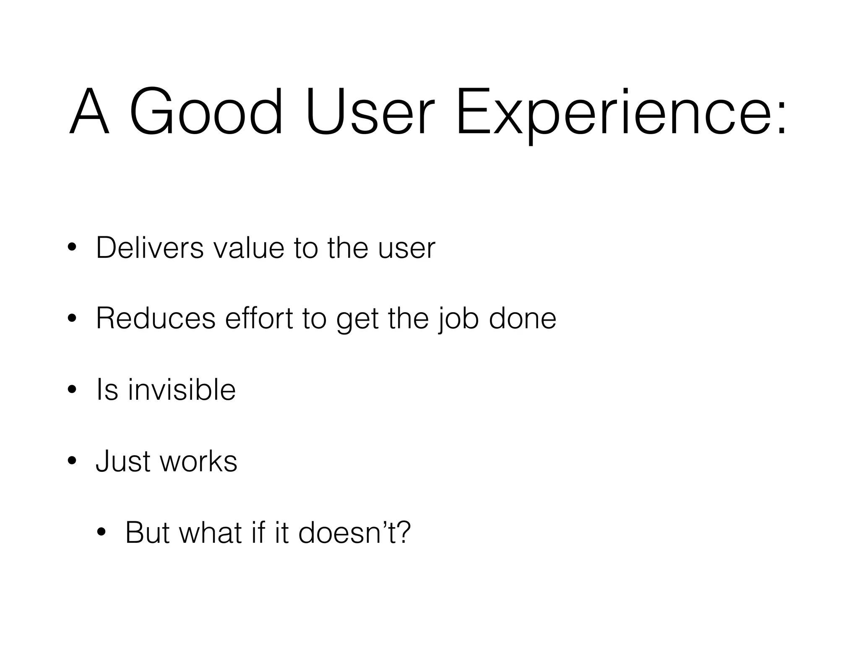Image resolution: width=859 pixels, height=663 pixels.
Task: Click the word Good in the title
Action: [x=206, y=112]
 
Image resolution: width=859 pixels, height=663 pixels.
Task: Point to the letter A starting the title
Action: [x=89, y=112]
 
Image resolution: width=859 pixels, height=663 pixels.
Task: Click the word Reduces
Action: [x=156, y=319]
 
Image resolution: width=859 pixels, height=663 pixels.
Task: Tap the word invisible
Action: [x=182, y=389]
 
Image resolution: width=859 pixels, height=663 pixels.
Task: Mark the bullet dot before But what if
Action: [x=101, y=533]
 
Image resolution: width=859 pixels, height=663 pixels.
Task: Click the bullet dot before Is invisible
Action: [x=72, y=390]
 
